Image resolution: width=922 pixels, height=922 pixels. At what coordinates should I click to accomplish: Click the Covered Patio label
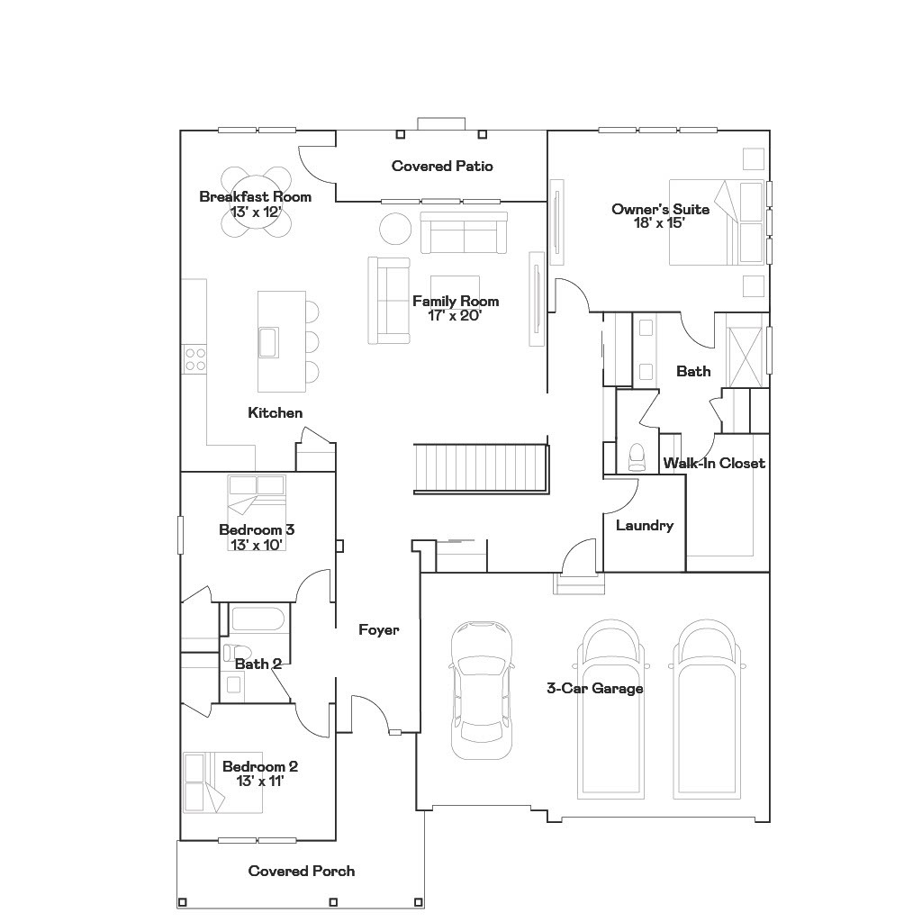tap(442, 167)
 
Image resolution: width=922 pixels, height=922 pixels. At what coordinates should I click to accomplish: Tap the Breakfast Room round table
tap(257, 203)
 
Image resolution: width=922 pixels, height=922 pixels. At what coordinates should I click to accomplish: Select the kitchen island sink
tap(268, 342)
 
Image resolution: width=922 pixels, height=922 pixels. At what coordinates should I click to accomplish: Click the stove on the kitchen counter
tap(195, 359)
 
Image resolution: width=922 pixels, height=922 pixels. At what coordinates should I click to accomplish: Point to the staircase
tap(480, 467)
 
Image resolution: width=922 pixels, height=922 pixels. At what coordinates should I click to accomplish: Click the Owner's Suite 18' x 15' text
tap(660, 216)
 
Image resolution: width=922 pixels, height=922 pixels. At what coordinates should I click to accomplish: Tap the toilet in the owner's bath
tap(637, 457)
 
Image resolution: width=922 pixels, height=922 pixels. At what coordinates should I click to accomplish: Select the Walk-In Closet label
tap(714, 464)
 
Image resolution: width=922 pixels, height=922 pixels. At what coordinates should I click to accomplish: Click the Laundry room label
tap(645, 526)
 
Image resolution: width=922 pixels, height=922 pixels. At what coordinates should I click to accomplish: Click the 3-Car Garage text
tap(595, 689)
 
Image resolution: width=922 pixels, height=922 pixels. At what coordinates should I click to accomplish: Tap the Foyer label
tap(378, 630)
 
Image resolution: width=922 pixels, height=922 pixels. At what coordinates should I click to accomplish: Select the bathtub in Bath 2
tap(258, 620)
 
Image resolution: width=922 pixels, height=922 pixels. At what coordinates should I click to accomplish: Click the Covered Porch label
tap(302, 872)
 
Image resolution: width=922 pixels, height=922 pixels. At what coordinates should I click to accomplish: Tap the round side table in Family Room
tap(395, 228)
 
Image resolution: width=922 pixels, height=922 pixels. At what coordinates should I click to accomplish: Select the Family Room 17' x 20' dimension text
tap(456, 308)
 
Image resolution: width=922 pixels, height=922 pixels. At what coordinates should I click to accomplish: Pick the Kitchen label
tap(276, 413)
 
